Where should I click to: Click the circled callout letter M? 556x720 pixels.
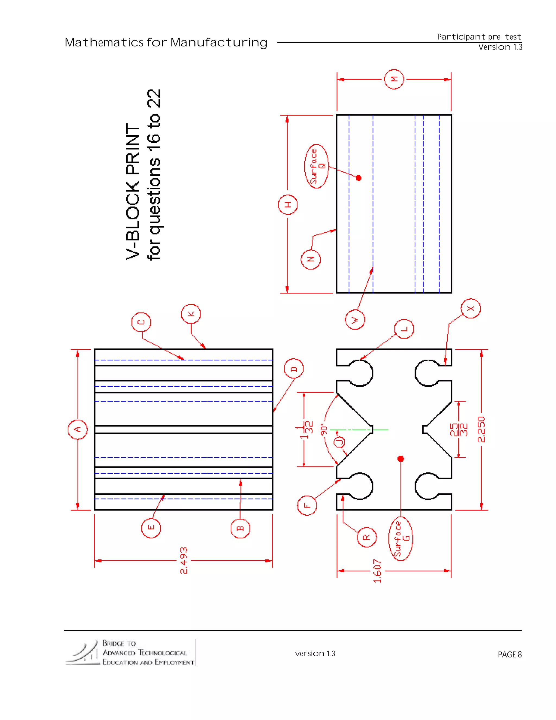click(x=394, y=79)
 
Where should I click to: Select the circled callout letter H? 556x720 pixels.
click(x=288, y=205)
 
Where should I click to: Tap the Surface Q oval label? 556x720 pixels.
click(x=316, y=166)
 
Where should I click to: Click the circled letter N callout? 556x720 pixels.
click(x=310, y=259)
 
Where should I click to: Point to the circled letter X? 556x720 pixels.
click(x=471, y=309)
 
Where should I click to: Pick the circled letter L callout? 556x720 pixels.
click(x=404, y=329)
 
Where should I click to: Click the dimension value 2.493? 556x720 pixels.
click(x=184, y=561)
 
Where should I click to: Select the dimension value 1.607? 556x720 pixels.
click(x=377, y=571)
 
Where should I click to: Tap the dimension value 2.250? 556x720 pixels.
click(x=481, y=429)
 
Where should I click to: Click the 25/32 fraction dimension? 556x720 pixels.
click(x=459, y=430)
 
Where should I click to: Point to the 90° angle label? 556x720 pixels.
click(x=324, y=430)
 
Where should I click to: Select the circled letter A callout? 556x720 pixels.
click(x=78, y=429)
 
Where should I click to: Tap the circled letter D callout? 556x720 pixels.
click(x=293, y=369)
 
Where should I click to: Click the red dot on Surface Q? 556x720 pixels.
click(x=359, y=178)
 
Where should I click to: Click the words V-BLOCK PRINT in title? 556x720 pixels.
click(x=133, y=192)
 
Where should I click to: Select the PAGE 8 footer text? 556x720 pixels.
click(x=510, y=655)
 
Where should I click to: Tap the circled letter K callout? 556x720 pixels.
click(x=191, y=314)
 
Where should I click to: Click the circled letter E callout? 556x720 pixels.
click(x=151, y=528)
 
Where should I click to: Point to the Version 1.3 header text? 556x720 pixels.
click(x=500, y=47)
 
